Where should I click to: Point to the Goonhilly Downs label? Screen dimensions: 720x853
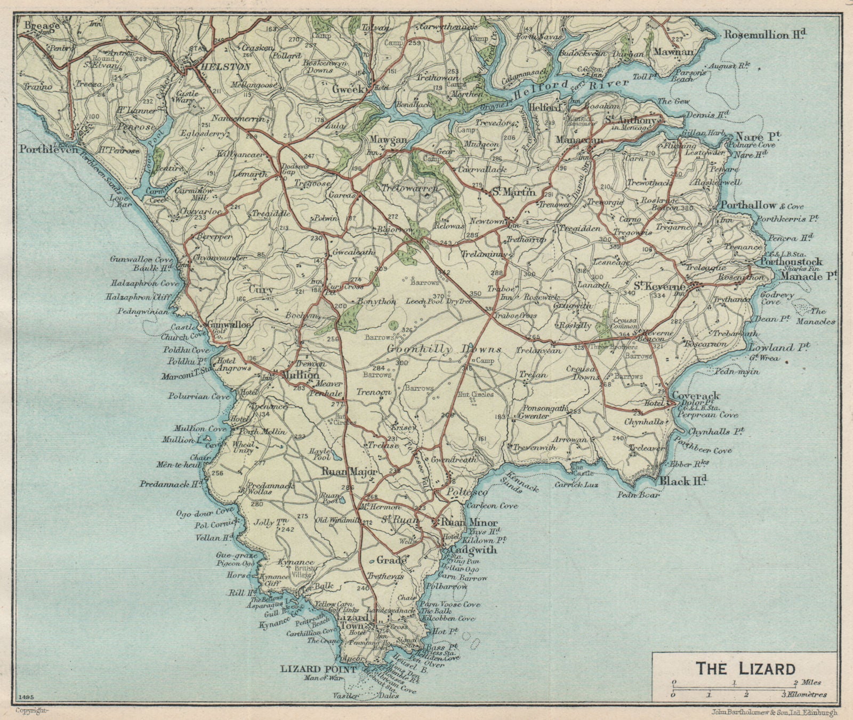[444, 350]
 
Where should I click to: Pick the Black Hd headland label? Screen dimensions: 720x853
[683, 481]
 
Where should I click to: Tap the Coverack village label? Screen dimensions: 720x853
[696, 396]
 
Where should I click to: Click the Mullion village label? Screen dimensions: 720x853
[295, 375]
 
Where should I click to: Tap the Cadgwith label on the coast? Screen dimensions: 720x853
[473, 550]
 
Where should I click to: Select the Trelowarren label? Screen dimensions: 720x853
[410, 188]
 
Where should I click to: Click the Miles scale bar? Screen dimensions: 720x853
[735, 683]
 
